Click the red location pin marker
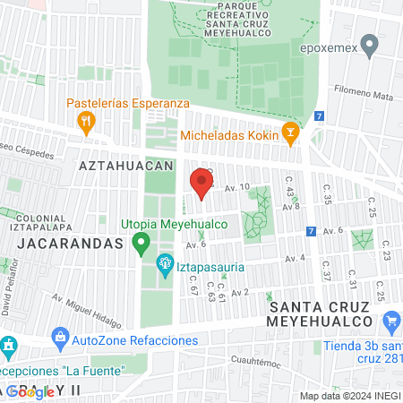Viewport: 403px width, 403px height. tap(201, 184)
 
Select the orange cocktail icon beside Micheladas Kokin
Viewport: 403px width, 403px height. tap(289, 135)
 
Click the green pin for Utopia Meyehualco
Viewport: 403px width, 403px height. tap(141, 242)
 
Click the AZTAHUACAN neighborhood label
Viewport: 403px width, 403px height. tap(125, 167)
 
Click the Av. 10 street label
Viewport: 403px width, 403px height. tap(236, 187)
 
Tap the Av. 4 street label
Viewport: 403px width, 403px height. tap(295, 259)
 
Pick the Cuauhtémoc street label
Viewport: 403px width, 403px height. tap(256, 364)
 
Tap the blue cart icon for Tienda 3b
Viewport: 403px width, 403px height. tap(391, 321)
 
